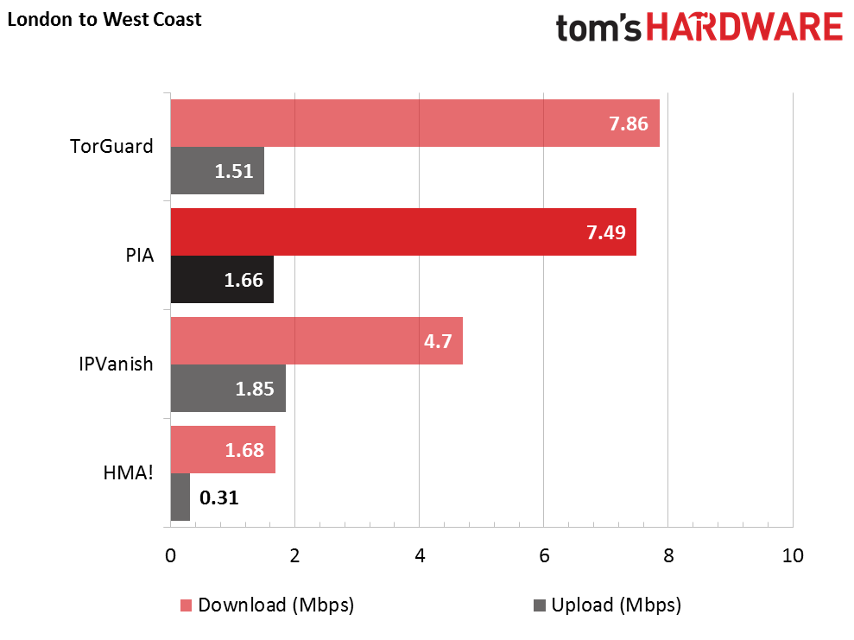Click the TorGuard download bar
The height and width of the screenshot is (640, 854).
[414, 124]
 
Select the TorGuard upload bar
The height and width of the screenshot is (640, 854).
[217, 170]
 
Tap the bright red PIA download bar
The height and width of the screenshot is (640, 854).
[403, 231]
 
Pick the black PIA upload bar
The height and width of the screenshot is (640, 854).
[222, 279]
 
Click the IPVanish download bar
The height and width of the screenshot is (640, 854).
[316, 340]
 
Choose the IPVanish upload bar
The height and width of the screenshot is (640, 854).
[228, 388]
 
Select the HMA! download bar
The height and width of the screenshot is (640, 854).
[223, 449]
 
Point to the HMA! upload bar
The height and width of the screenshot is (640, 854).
[180, 497]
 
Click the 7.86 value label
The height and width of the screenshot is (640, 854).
[628, 124]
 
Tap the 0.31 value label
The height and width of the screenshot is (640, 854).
[218, 497]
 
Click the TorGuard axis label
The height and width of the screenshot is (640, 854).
[111, 146]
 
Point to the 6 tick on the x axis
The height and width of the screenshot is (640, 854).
[543, 555]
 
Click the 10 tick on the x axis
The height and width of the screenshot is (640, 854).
[792, 555]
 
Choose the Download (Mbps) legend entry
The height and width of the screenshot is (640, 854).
[267, 605]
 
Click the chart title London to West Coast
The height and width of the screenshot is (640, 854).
[104, 19]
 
